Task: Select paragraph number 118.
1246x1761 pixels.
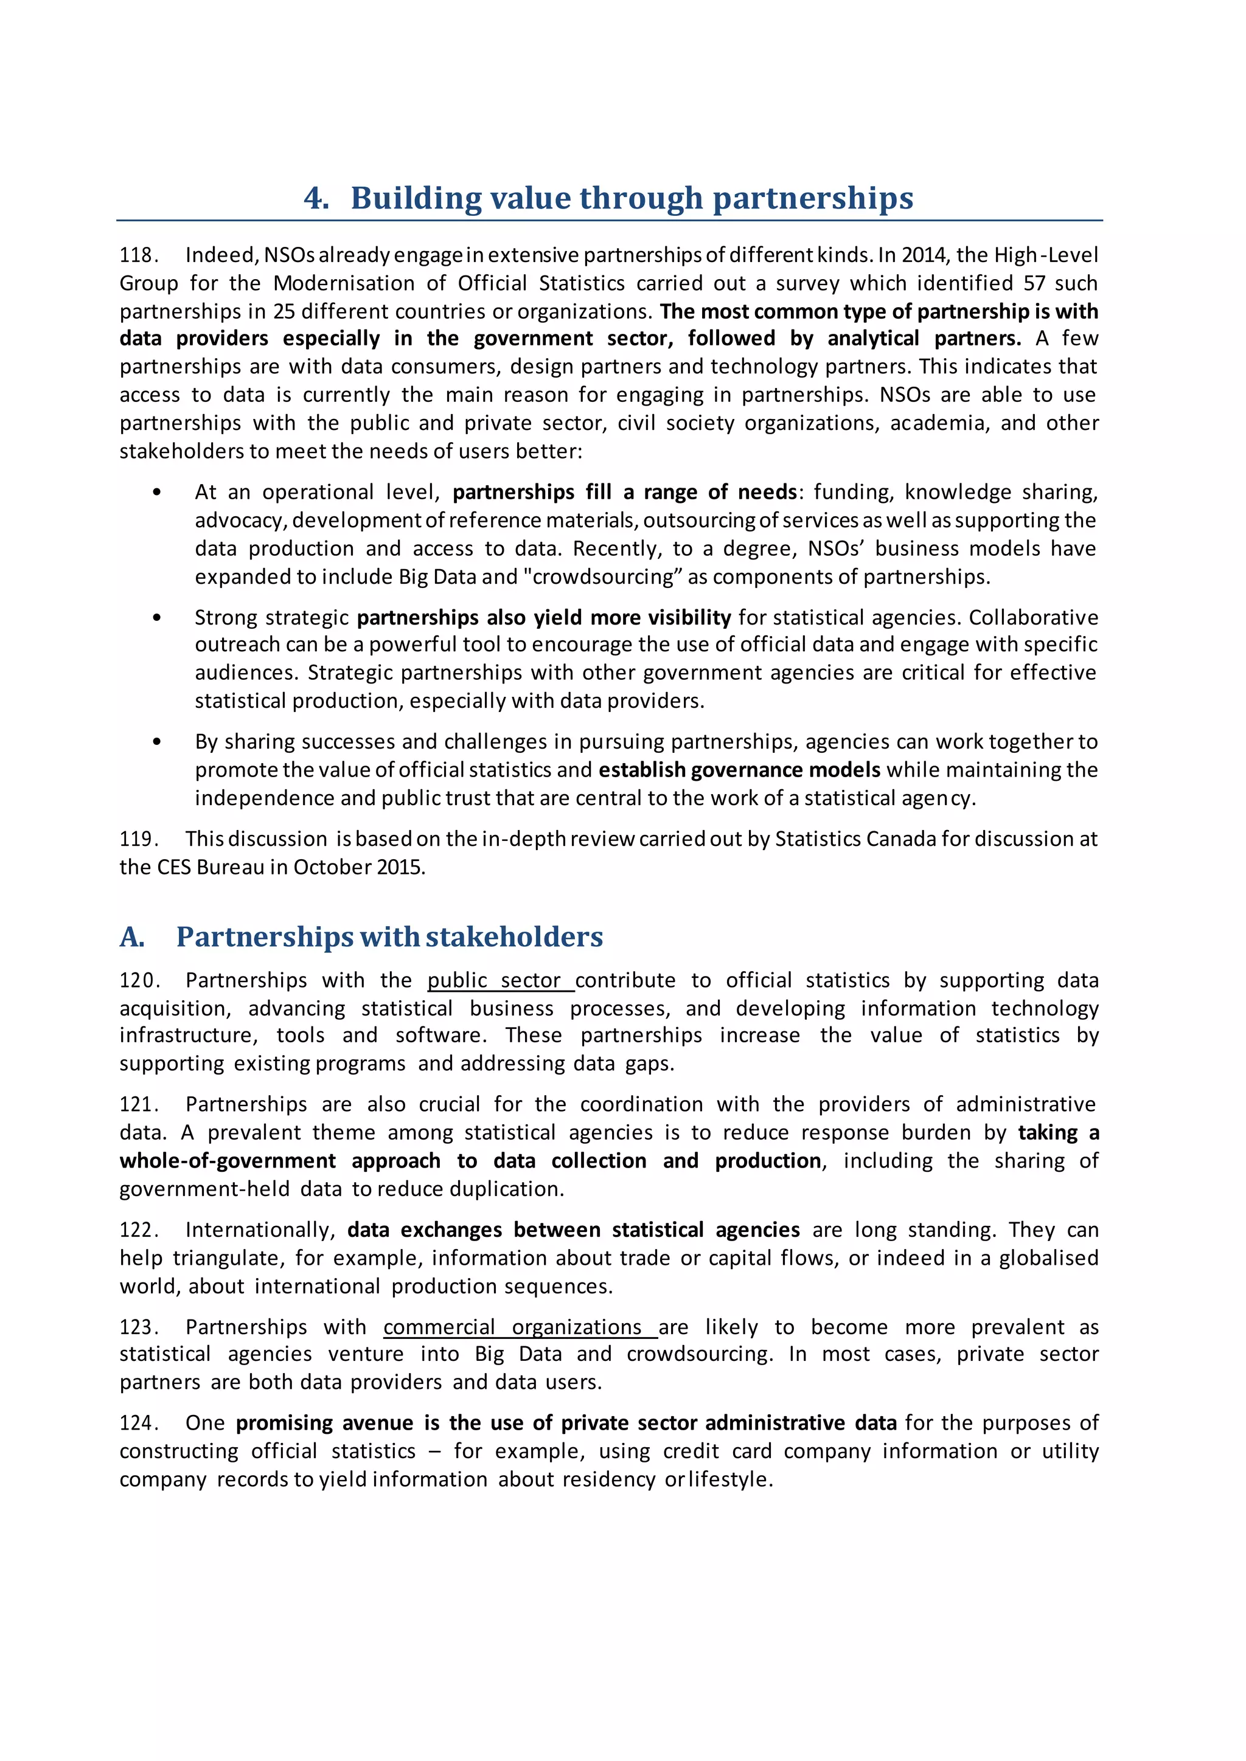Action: click(139, 255)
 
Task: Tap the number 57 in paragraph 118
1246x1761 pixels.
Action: click(1034, 283)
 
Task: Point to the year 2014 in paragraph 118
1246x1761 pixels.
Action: click(924, 255)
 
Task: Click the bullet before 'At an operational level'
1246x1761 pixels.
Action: click(158, 493)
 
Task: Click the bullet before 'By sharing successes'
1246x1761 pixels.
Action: click(158, 742)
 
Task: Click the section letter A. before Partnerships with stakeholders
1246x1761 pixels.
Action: click(133, 937)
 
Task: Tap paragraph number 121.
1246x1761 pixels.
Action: click(139, 1104)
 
